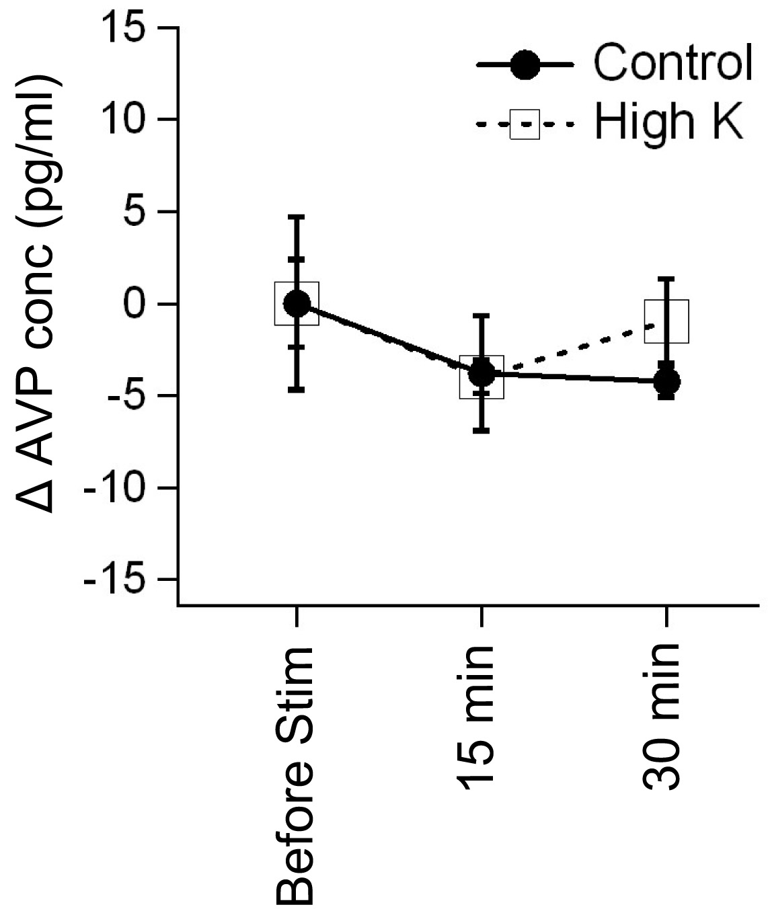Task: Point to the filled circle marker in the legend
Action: click(x=525, y=65)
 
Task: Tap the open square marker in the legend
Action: click(x=525, y=124)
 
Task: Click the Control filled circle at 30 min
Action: click(x=666, y=382)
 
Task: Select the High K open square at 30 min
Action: click(x=666, y=321)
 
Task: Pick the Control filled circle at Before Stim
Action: click(x=297, y=304)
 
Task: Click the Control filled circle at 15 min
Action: click(x=482, y=373)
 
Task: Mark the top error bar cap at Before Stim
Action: click(x=297, y=216)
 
